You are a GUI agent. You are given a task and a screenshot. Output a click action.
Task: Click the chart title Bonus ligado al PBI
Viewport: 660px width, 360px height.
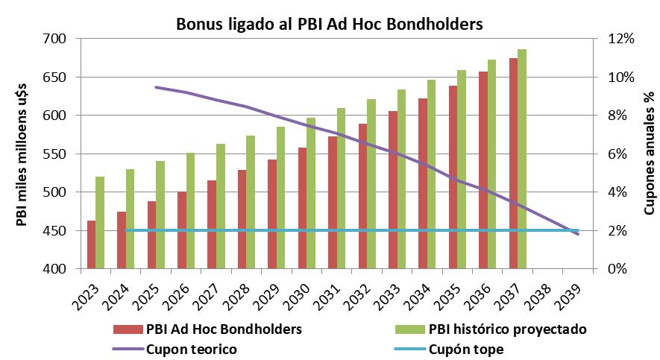pos(330,23)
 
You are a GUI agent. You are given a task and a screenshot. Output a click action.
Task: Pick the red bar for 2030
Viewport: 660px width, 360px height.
pos(303,208)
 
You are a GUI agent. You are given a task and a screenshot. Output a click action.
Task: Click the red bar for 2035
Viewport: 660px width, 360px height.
pos(453,177)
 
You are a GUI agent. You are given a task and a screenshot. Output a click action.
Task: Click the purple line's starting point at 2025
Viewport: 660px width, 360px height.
pos(156,87)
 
